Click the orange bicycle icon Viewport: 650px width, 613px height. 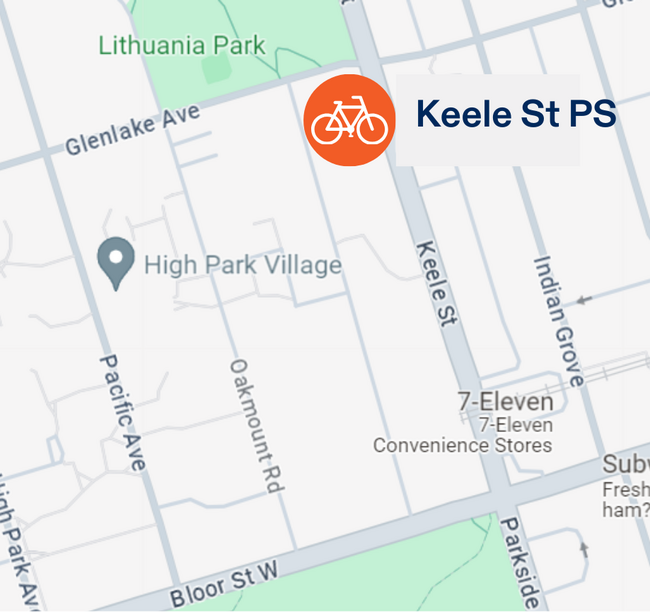pos(349,120)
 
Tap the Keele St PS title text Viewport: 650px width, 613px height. pos(515,114)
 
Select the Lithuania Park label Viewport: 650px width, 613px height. pos(182,45)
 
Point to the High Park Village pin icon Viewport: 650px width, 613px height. pos(116,263)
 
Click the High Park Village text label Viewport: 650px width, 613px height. pos(243,266)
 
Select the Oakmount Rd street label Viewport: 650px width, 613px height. pos(253,425)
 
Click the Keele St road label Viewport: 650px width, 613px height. pos(435,283)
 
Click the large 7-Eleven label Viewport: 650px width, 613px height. pos(505,402)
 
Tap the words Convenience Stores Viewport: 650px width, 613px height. pos(462,445)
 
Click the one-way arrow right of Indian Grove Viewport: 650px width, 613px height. pos(585,298)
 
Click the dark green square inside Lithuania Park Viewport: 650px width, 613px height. pos(215,69)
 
